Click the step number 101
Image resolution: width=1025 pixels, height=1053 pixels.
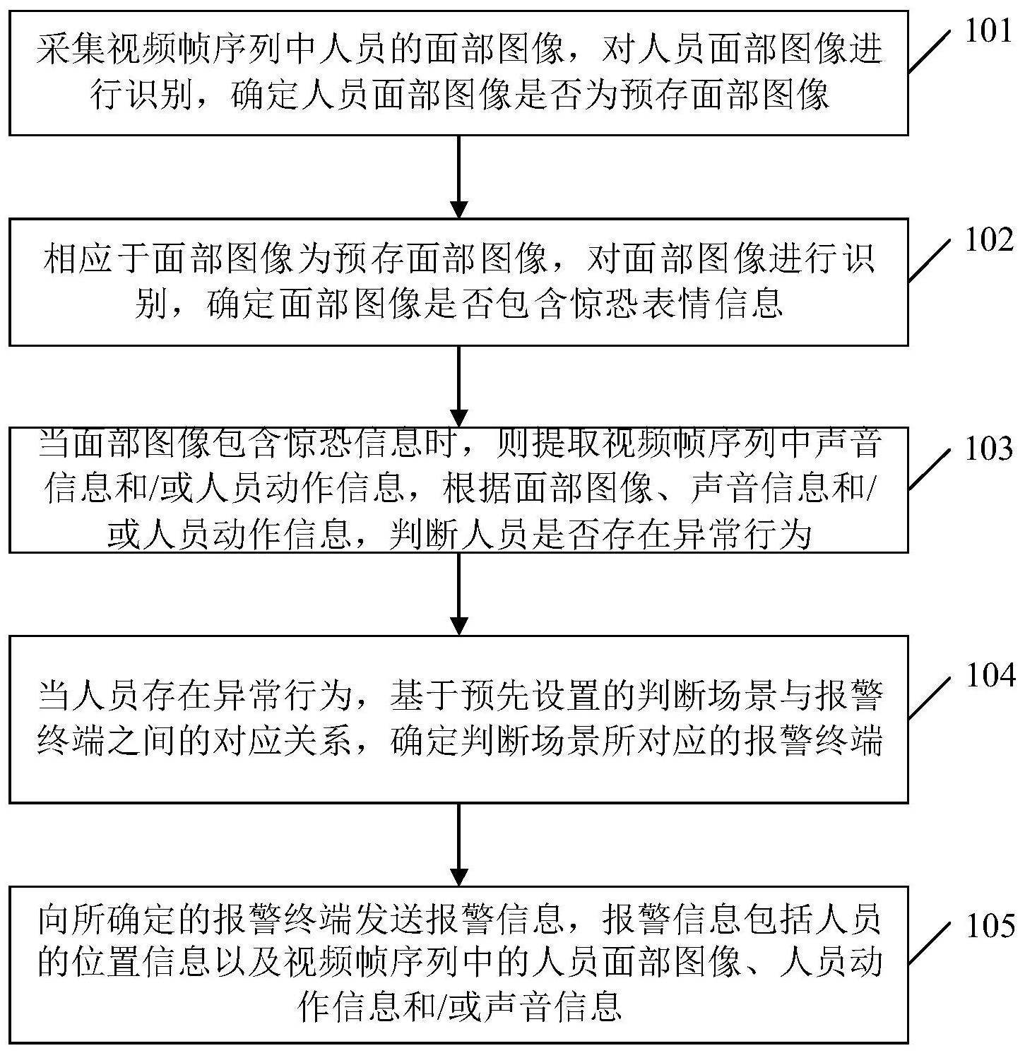point(988,32)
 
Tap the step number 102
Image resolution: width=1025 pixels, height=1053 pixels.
point(988,241)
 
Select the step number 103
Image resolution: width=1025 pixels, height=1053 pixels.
point(988,449)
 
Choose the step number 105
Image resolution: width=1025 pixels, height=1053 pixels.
point(988,924)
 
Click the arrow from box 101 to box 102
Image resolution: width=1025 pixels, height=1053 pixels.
point(459,177)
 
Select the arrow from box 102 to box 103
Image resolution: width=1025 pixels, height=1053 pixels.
point(459,386)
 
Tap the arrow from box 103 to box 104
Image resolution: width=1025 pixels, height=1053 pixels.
point(459,593)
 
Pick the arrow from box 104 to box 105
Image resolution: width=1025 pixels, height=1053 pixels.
point(459,844)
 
